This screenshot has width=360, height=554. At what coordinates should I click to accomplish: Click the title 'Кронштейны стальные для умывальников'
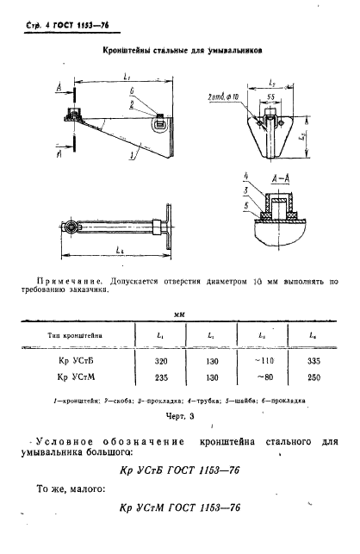[176, 51]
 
